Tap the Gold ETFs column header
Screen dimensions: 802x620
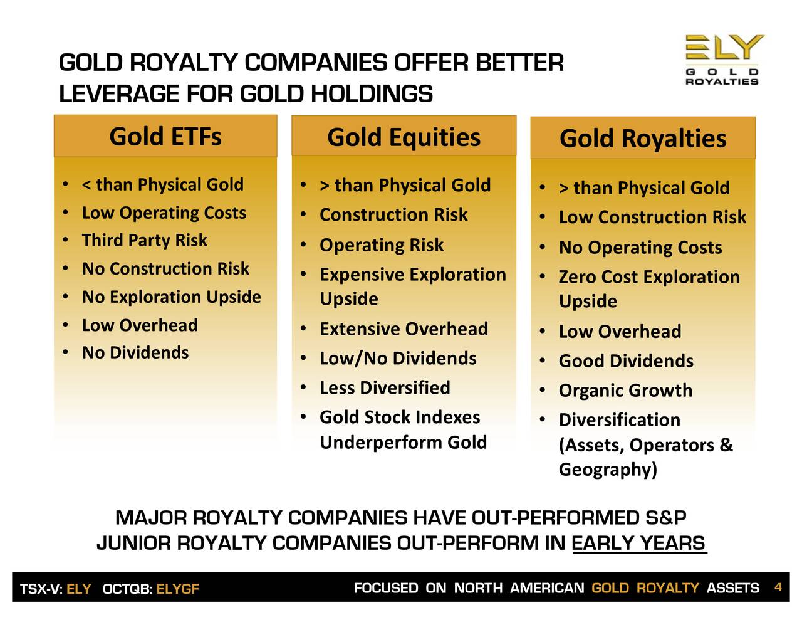click(165, 136)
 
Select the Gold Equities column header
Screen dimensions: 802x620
click(404, 137)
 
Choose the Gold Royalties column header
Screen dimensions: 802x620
click(643, 138)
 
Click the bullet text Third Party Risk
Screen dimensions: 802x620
click(145, 240)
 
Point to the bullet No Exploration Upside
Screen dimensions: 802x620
click(172, 297)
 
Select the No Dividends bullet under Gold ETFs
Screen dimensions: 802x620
click(135, 353)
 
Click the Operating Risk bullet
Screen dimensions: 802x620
click(382, 245)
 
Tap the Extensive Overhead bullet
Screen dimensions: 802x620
click(404, 328)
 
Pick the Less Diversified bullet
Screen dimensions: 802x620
click(385, 387)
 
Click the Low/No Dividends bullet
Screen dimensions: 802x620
click(398, 358)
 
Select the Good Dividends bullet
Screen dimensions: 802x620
click(626, 360)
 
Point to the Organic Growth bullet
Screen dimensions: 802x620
click(625, 391)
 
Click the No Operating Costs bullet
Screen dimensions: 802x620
click(640, 248)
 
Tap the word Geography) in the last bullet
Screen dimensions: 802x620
click(608, 470)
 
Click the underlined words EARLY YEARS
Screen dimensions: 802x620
click(639, 543)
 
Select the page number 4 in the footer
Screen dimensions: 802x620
click(778, 587)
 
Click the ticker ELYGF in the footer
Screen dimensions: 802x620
click(178, 589)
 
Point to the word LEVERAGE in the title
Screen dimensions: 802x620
click(119, 93)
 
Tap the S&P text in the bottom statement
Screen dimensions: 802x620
click(666, 517)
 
